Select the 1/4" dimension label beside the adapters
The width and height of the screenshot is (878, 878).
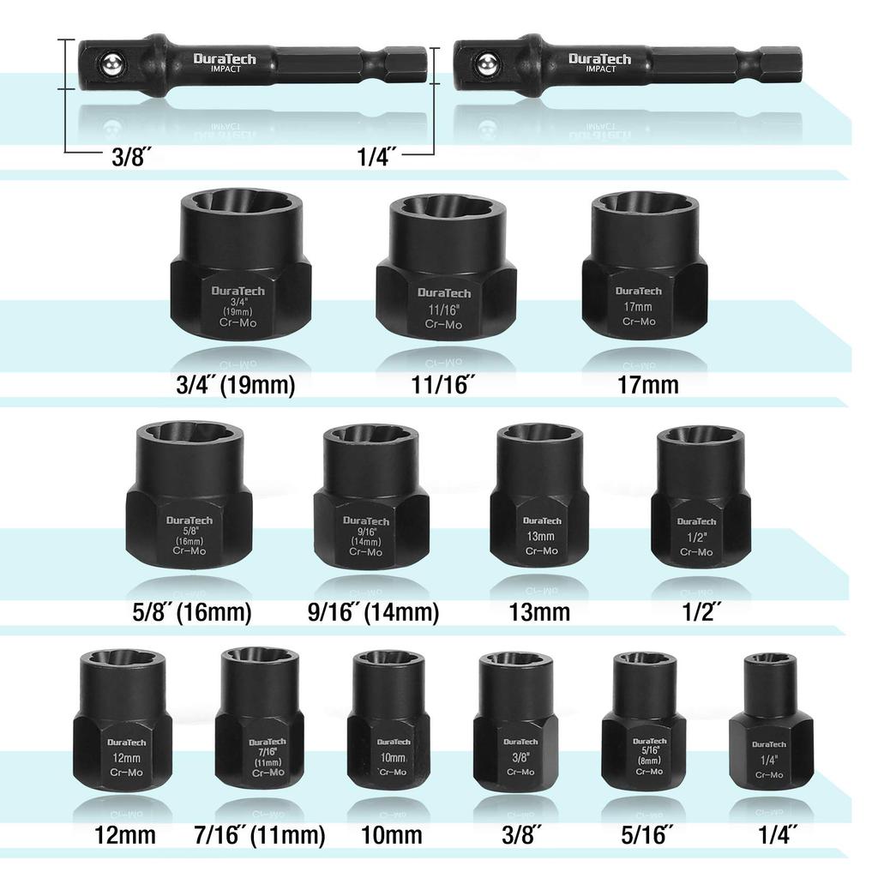376,157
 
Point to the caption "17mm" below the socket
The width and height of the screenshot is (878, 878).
647,384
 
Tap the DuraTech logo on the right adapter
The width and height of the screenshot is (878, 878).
599,59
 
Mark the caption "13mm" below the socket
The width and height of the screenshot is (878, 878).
540,612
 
